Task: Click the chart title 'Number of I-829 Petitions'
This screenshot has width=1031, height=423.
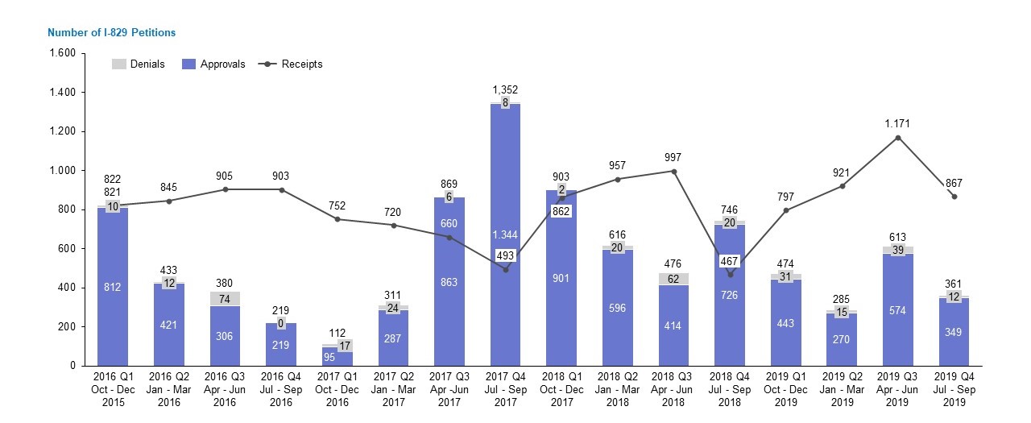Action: tap(111, 32)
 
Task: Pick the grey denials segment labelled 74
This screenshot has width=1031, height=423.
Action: tap(225, 299)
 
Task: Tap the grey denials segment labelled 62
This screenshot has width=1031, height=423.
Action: tap(673, 279)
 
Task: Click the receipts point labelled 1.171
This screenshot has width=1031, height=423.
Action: tap(898, 138)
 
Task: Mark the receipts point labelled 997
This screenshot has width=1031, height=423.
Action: tap(673, 171)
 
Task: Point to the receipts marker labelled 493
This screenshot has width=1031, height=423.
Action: tap(505, 270)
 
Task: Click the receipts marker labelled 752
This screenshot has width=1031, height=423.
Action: tap(337, 219)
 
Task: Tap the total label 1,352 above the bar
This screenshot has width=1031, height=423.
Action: tap(505, 89)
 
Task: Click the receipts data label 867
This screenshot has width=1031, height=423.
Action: tap(954, 184)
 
